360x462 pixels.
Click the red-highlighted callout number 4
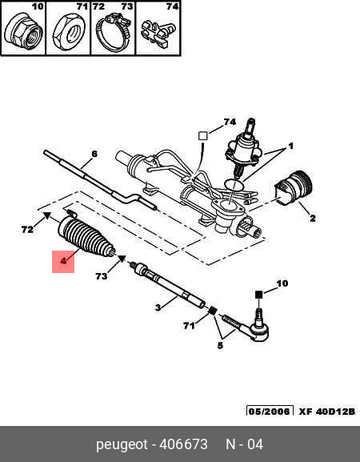coord(63,261)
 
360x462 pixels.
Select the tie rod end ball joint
coord(252,325)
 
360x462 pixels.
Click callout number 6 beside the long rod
coord(94,154)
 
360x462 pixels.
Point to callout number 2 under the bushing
coord(312,219)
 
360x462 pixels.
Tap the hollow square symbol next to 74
coord(203,136)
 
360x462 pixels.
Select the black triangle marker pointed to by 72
coord(47,215)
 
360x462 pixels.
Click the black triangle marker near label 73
coord(122,259)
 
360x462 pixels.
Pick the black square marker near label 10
coord(258,295)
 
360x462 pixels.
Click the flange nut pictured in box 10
coord(24,32)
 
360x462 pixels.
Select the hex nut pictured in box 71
coord(69,32)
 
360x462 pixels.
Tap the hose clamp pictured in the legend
coord(113,33)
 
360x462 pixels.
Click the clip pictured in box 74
coord(158,34)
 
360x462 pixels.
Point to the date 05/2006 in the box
coord(270,411)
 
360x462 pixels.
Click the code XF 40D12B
coord(327,411)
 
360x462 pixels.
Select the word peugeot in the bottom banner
coord(122,445)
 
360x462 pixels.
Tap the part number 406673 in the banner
coord(183,444)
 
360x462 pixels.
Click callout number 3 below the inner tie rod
coord(158,307)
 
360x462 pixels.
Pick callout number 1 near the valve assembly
coord(290,147)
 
